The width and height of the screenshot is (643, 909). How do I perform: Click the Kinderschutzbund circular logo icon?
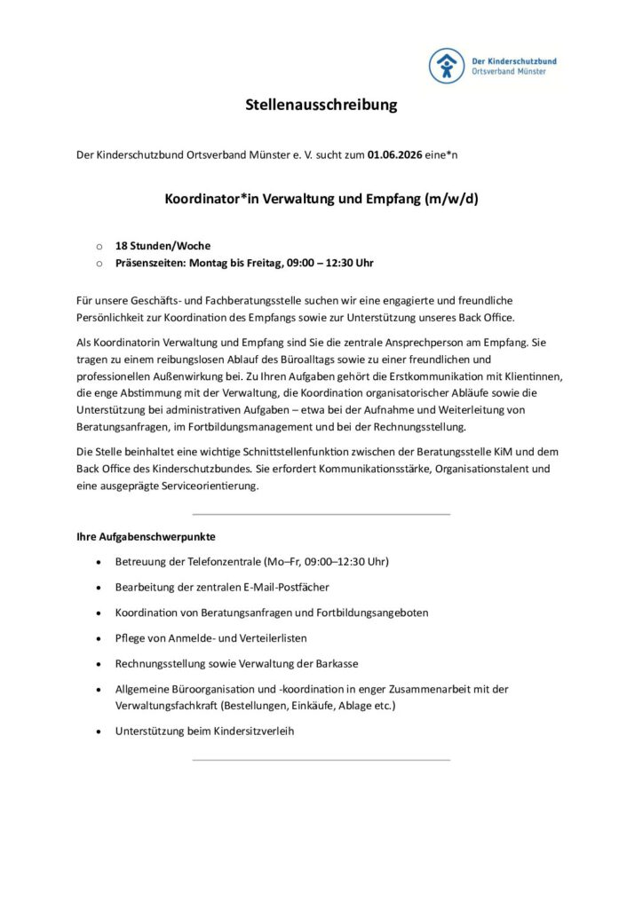pyautogui.click(x=447, y=66)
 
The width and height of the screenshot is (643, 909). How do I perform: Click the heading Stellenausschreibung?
pyautogui.click(x=321, y=106)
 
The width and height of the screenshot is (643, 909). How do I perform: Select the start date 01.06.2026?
pyautogui.click(x=396, y=154)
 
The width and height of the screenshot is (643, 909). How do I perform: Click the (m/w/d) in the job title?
pyautogui.click(x=452, y=199)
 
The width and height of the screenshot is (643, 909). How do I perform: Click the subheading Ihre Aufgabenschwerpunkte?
pyautogui.click(x=146, y=537)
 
